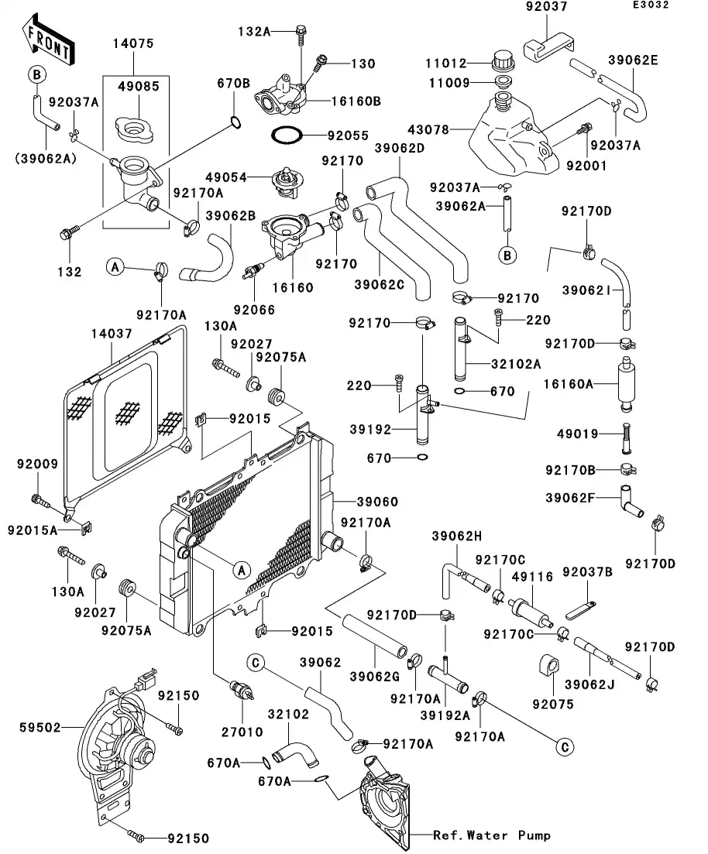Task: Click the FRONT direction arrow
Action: point(47,41)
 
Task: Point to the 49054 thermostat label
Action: point(225,178)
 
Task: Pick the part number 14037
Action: point(112,334)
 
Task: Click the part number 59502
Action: point(40,728)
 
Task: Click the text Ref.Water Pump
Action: point(492,835)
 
